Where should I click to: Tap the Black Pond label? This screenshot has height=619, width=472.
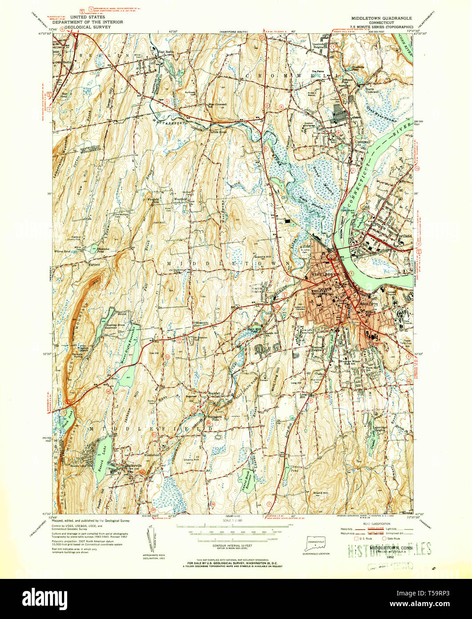pyautogui.click(x=67, y=413)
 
